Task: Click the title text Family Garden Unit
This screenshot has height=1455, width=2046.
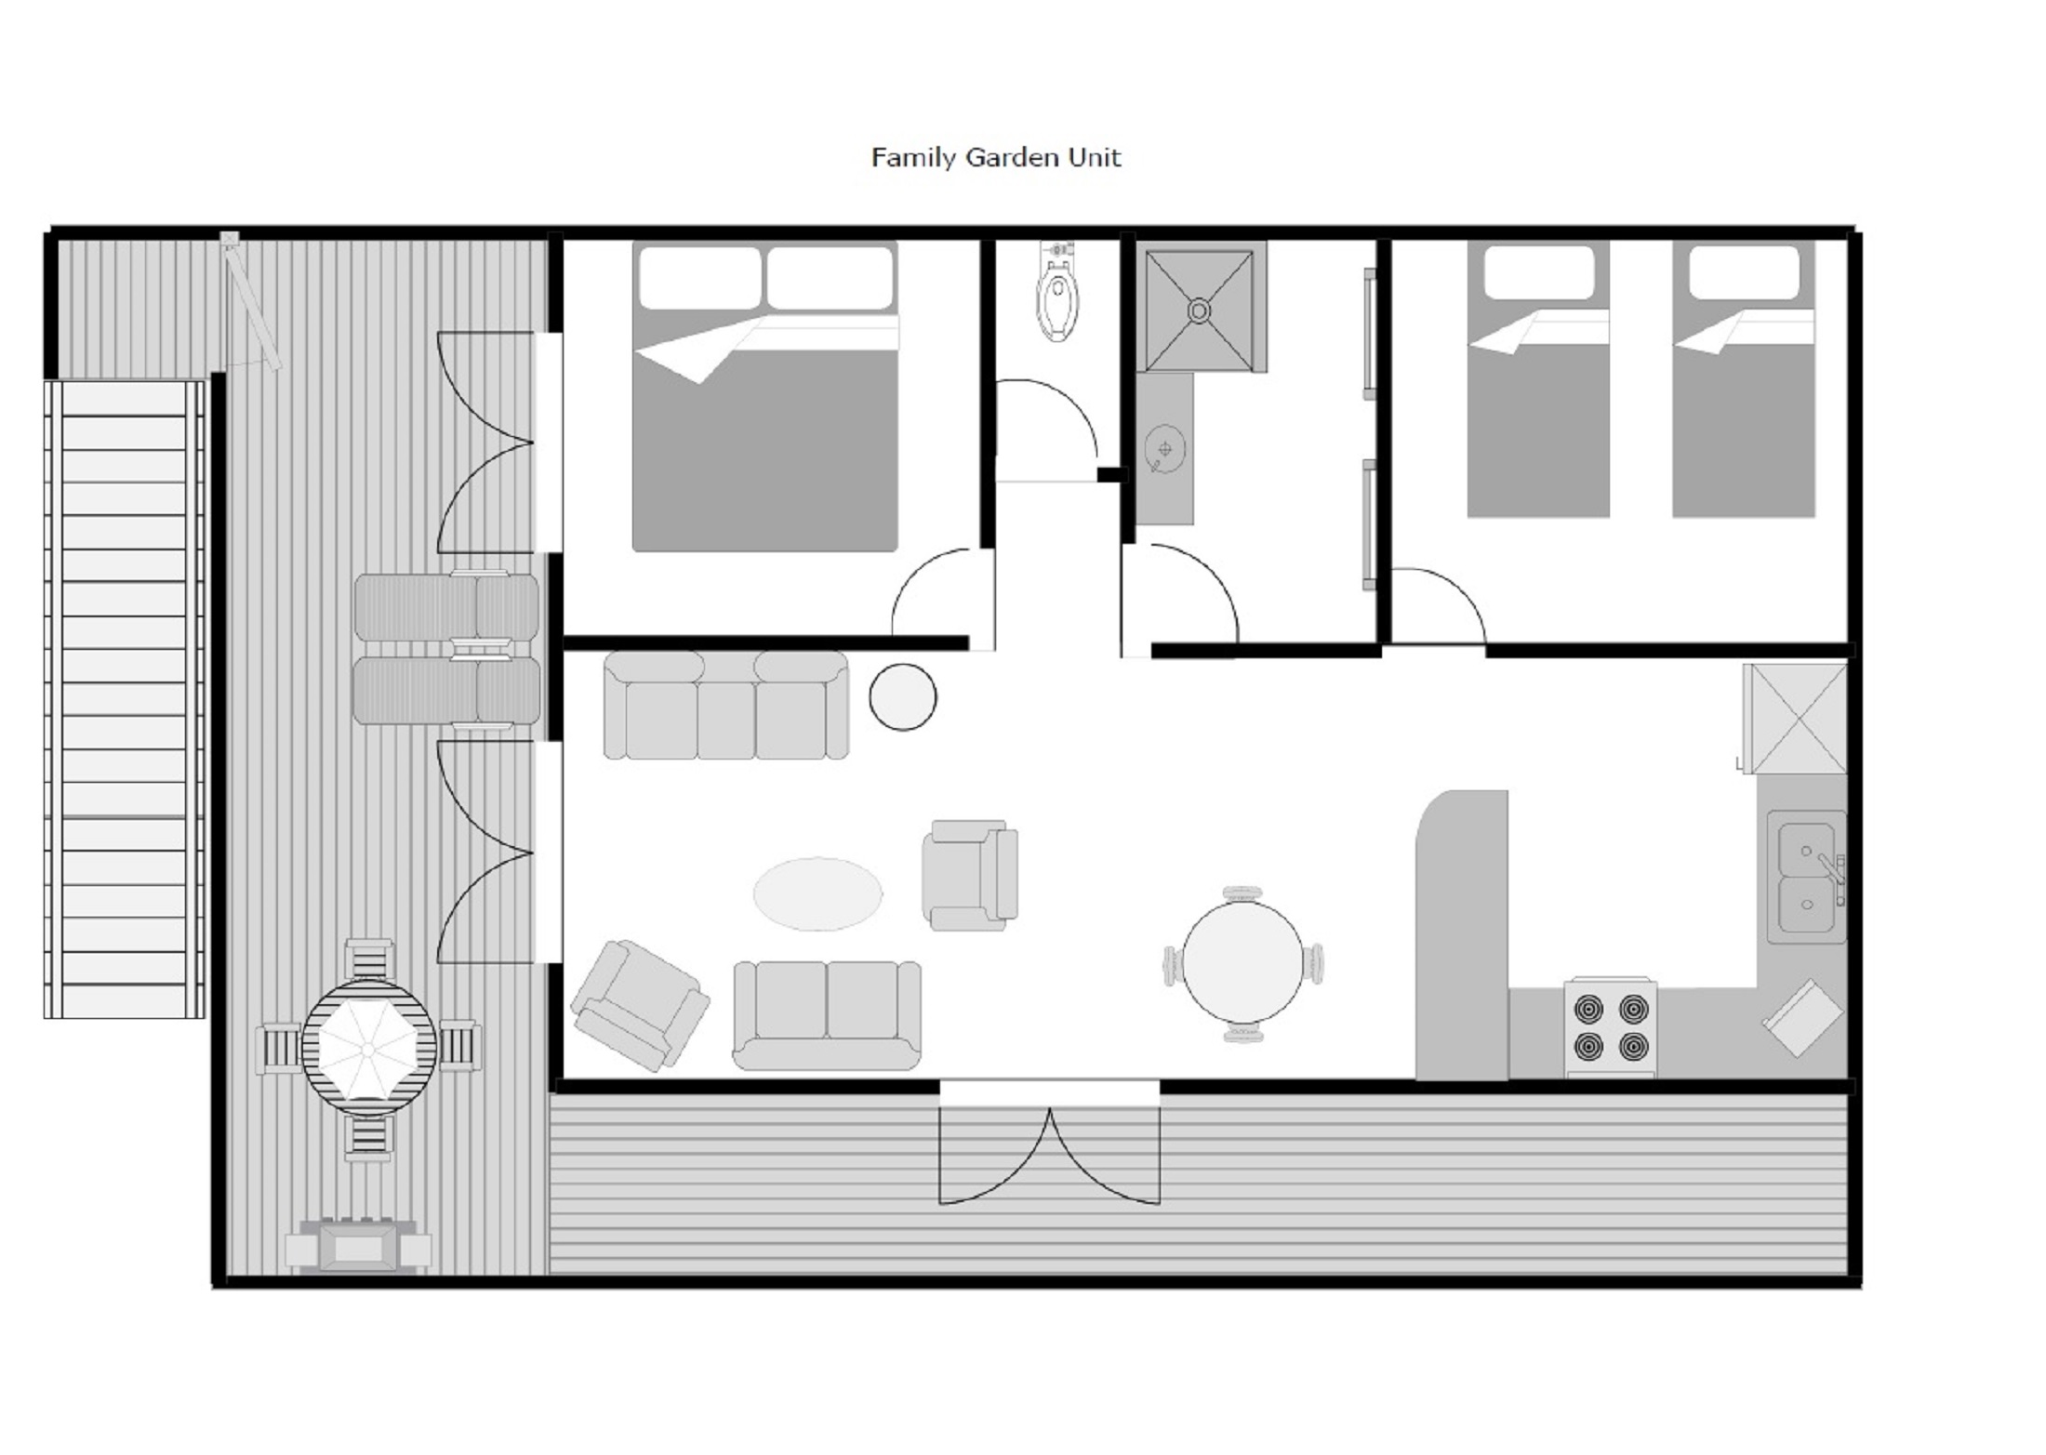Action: (x=995, y=157)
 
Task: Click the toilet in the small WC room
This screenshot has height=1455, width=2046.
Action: (x=1057, y=298)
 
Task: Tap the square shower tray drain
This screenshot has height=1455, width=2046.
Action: (x=1199, y=310)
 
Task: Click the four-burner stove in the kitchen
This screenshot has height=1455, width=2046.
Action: (x=1610, y=1028)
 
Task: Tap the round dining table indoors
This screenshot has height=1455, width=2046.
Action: (x=1243, y=964)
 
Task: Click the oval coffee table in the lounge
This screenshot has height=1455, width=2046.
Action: (x=817, y=893)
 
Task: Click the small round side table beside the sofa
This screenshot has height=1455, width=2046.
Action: (x=902, y=696)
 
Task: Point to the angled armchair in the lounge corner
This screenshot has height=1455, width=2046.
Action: (x=639, y=1005)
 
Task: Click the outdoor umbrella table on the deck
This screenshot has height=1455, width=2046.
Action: (x=368, y=1048)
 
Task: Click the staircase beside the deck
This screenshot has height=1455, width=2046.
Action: (x=125, y=697)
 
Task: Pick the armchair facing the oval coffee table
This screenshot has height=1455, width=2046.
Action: (x=970, y=875)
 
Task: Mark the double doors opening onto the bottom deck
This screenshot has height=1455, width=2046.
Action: (x=1049, y=1153)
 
